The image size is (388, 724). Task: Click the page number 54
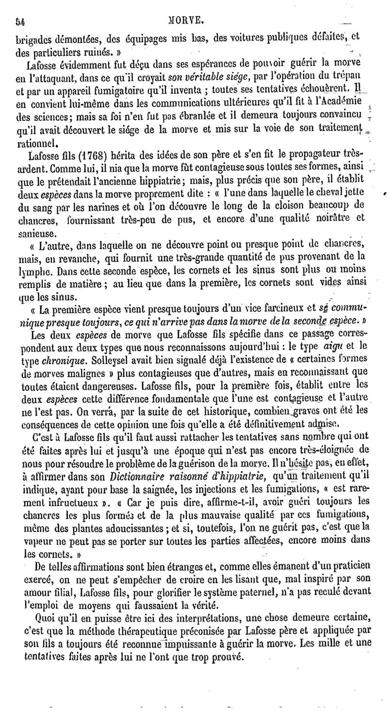point(20,21)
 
